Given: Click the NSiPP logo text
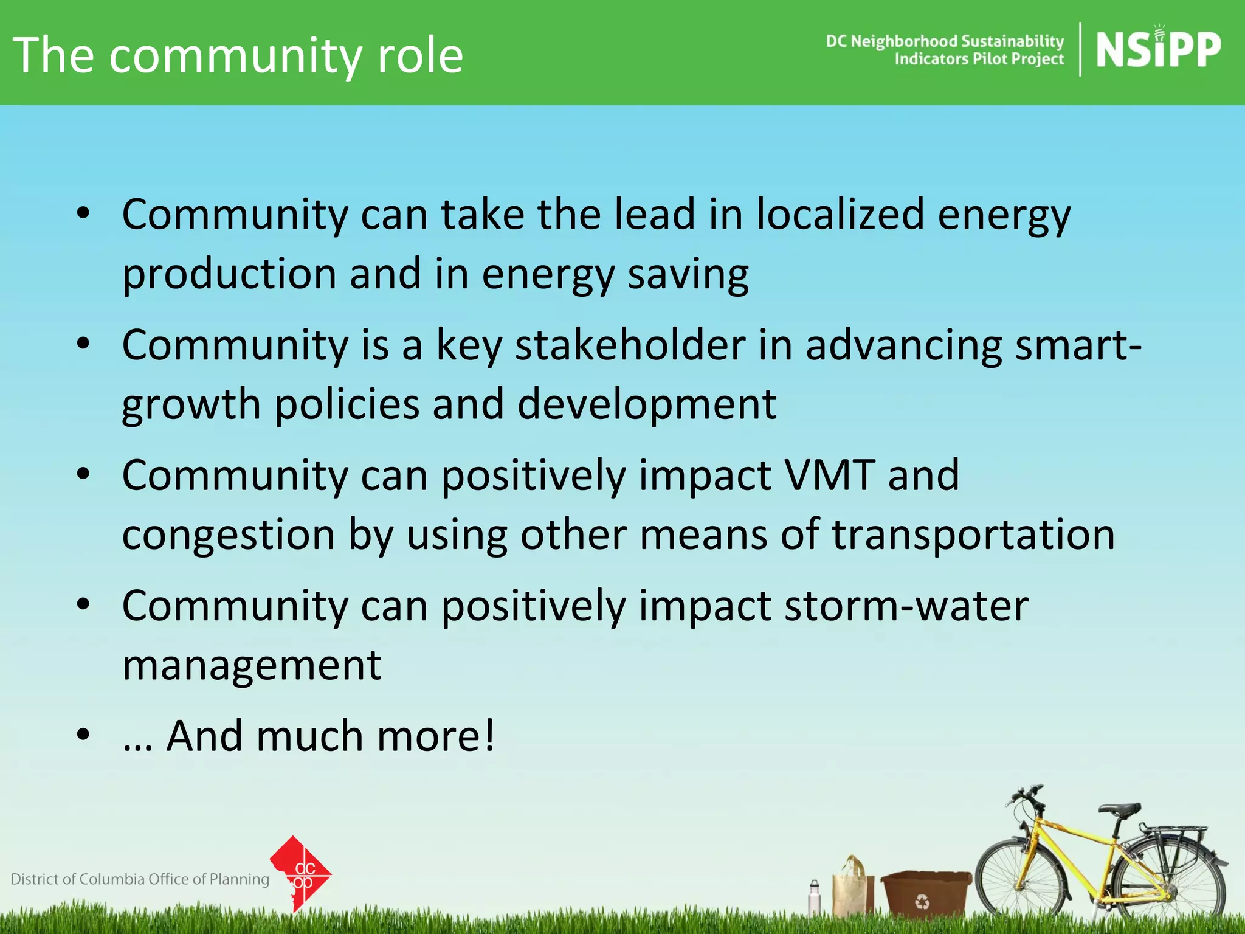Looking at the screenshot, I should pyautogui.click(x=1157, y=50).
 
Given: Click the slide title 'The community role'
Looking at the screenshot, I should pyautogui.click(x=238, y=55).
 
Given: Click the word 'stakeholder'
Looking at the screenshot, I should pyautogui.click(x=630, y=345).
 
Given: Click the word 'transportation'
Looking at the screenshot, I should pyautogui.click(x=973, y=534).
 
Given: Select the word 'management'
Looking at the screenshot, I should pyautogui.click(x=252, y=665).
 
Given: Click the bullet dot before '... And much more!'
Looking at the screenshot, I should pyautogui.click(x=83, y=735).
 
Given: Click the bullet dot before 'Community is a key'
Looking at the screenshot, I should pyautogui.click(x=83, y=344).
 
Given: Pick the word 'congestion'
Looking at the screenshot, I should pyautogui.click(x=229, y=534).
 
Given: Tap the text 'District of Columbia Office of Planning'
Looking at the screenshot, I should pyautogui.click(x=140, y=879).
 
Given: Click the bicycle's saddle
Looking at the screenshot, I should pyautogui.click(x=1120, y=809).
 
